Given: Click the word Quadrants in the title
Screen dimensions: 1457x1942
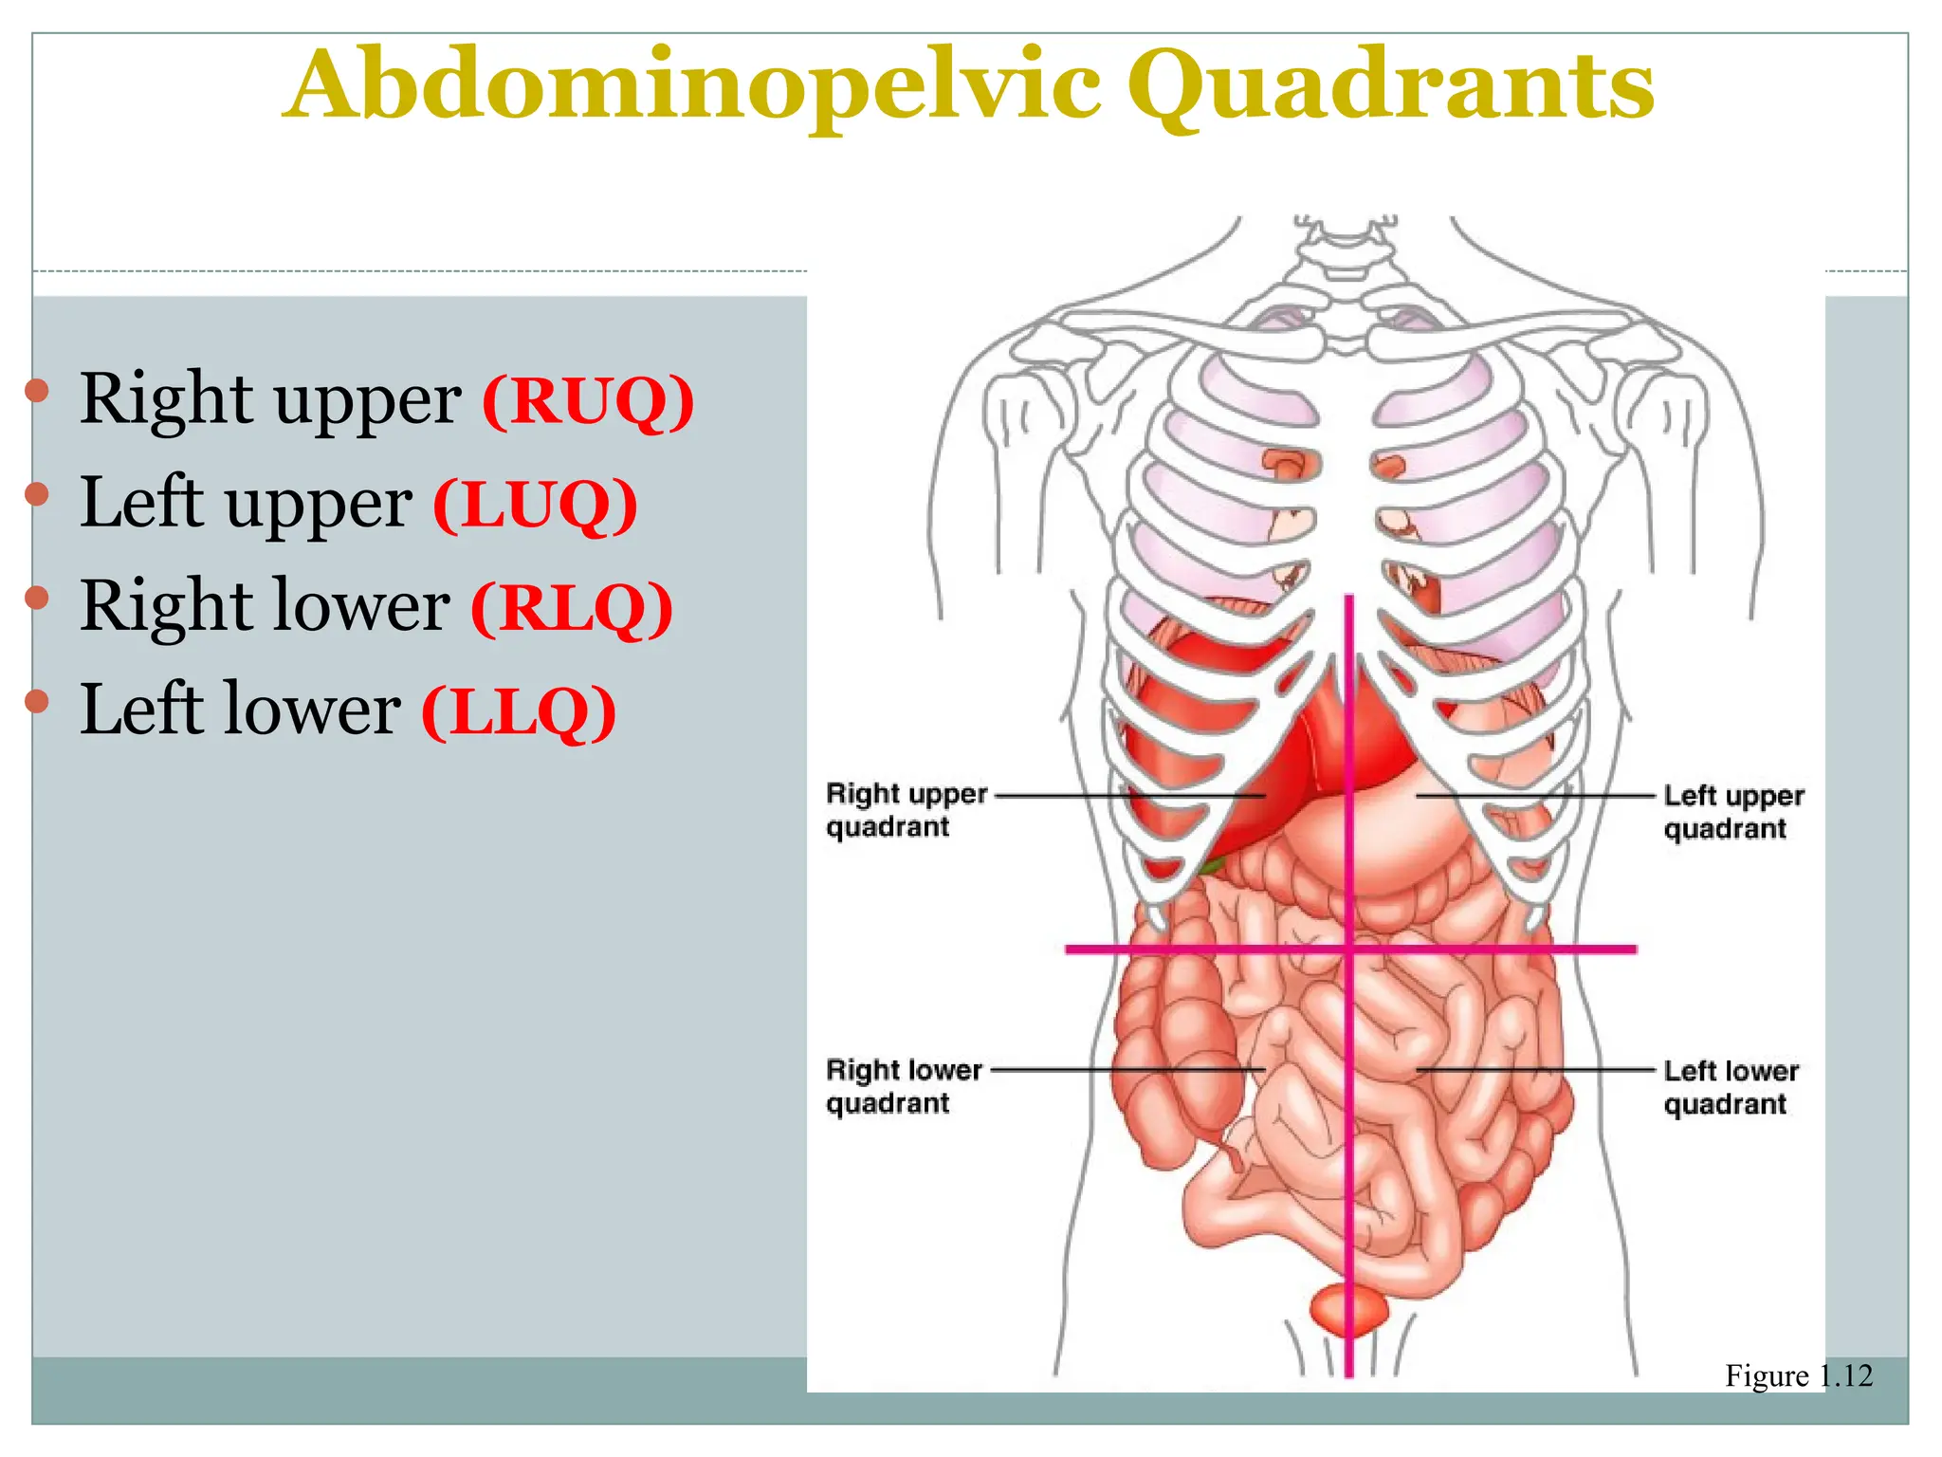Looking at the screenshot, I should coord(1390,87).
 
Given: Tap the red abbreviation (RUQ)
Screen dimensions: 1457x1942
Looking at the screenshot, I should coord(588,401).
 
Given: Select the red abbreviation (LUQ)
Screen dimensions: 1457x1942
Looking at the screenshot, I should coord(535,505).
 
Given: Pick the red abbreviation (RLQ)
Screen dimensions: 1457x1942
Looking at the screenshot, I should coord(572,608).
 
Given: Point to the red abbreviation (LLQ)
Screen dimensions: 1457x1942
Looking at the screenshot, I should coord(519,711).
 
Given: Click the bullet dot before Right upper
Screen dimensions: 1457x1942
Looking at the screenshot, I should coord(37,390).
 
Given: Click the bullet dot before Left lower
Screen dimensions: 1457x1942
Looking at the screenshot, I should coord(37,701).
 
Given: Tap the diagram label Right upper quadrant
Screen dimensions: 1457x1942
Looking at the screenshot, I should coord(906,810).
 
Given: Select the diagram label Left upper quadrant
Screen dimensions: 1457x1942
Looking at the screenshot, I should coord(1732,812).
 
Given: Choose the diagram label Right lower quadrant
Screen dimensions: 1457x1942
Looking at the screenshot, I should coord(903,1086).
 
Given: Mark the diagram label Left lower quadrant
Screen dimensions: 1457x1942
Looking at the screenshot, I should coord(1731,1087).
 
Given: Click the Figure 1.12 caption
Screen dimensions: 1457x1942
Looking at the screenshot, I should coord(1798,1375).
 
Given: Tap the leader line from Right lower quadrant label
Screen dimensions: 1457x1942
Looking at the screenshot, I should coord(1128,1070).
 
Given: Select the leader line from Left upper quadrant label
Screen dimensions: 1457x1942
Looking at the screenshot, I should coord(1536,796).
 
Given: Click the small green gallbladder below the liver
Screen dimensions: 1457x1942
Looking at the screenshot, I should coord(1210,865).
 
